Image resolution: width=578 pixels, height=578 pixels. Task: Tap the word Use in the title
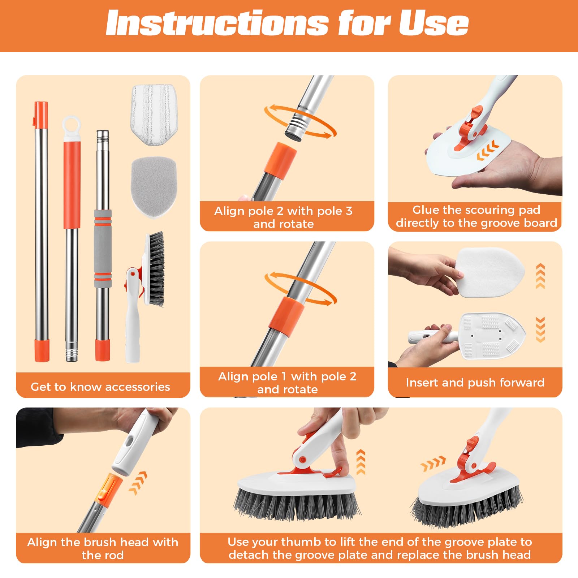click(433, 23)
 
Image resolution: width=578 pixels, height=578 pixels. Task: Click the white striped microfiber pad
click(154, 115)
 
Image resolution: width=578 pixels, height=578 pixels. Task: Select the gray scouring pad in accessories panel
click(154, 186)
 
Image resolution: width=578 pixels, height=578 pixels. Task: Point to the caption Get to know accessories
click(100, 387)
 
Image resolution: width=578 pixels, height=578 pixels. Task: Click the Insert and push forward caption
click(475, 383)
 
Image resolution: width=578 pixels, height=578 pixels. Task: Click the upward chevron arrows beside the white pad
click(540, 276)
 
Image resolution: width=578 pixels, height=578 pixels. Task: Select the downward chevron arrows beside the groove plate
click(540, 329)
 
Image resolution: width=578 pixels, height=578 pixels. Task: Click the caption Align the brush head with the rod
click(103, 548)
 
